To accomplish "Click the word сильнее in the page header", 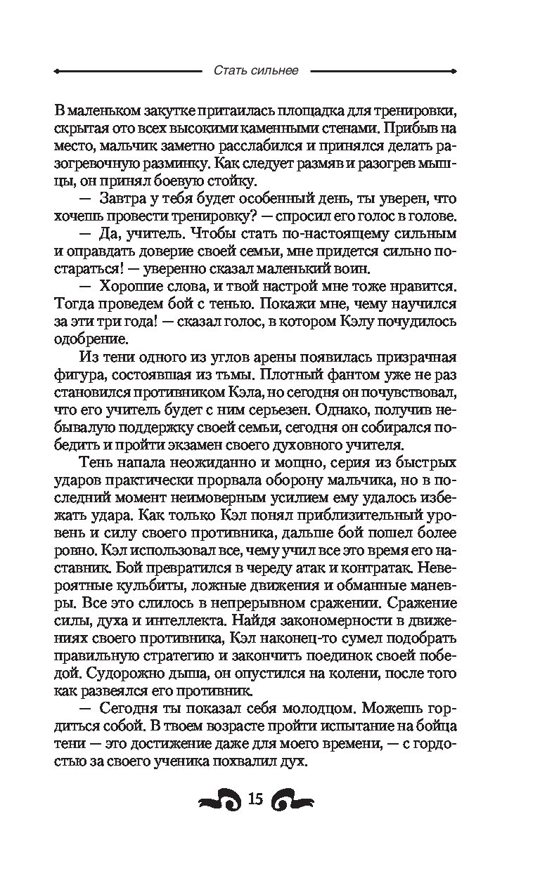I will coord(276,71).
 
